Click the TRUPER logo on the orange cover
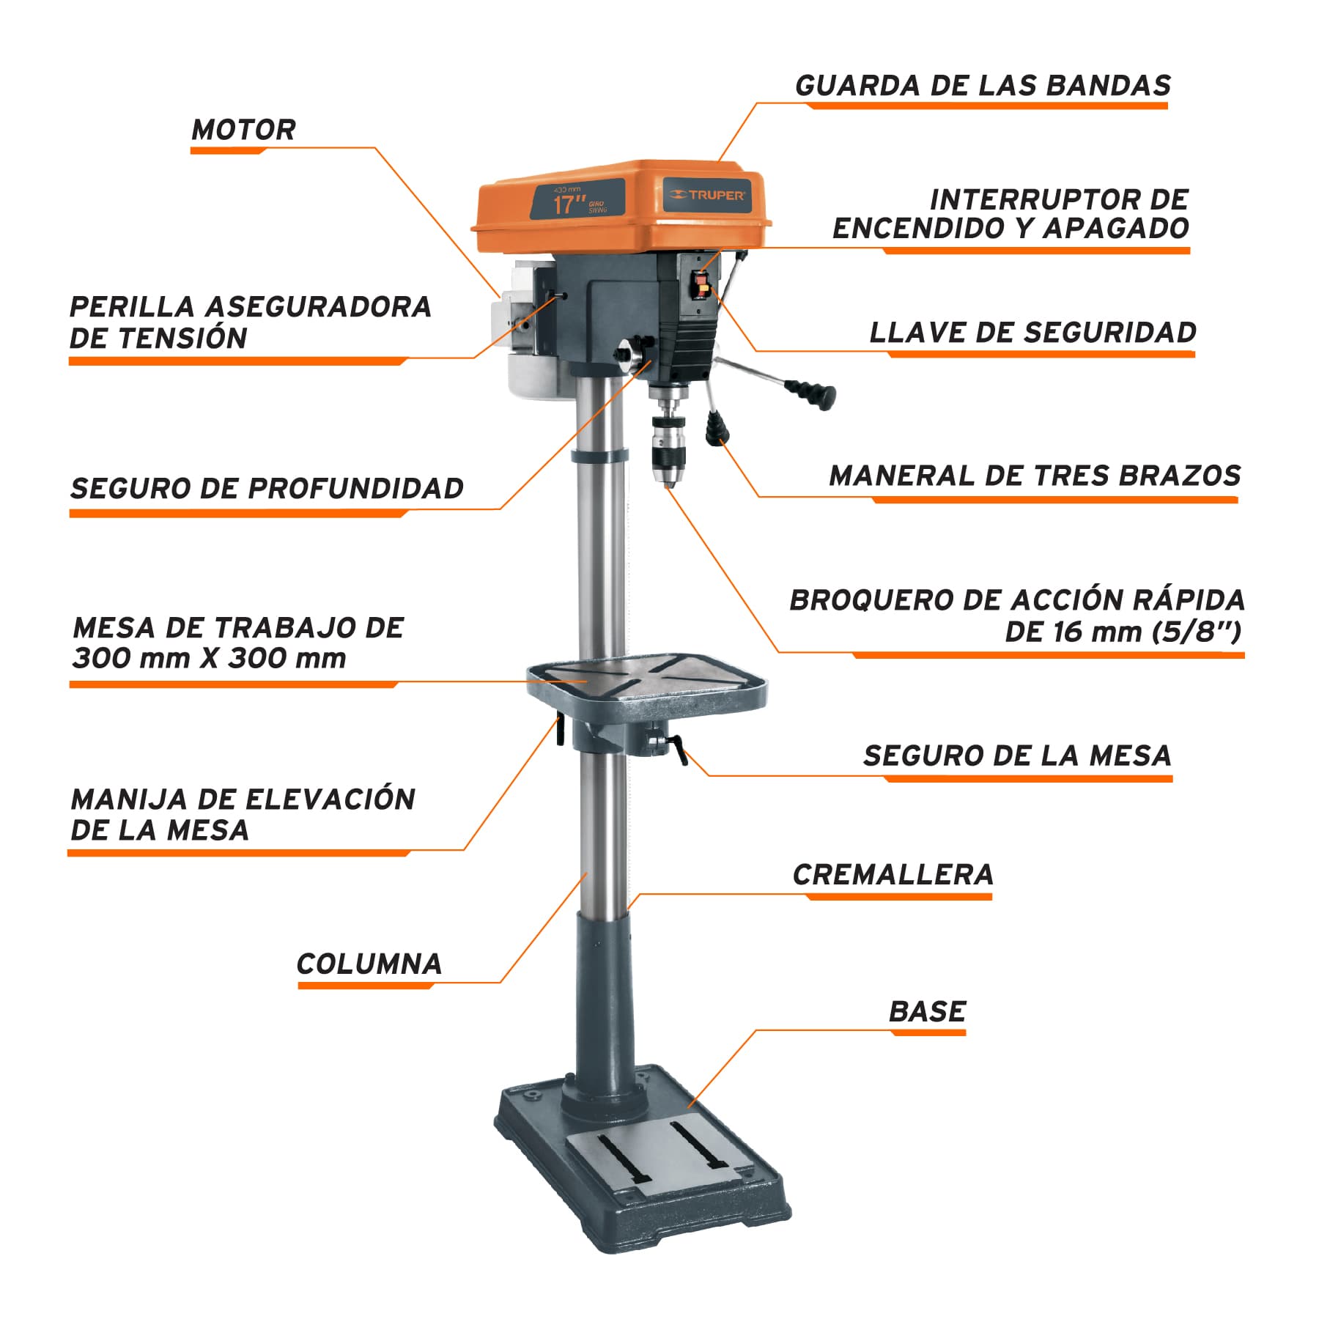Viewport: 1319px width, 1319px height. [x=708, y=195]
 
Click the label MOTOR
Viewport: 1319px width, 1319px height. [x=243, y=130]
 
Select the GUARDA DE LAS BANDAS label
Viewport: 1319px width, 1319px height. [x=983, y=86]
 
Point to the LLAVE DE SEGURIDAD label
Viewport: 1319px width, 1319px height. [x=1032, y=333]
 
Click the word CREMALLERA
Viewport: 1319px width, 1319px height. [x=893, y=874]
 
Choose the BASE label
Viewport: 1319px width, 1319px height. [x=927, y=1012]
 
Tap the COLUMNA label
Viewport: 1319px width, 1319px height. [x=369, y=964]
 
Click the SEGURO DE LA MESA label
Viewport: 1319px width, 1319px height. [x=1017, y=755]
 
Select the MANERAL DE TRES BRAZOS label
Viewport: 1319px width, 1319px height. [x=1035, y=476]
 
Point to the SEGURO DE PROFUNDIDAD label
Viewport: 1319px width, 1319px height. [x=267, y=488]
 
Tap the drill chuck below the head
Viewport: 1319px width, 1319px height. [x=667, y=440]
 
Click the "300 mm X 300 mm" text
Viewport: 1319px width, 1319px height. [x=209, y=658]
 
